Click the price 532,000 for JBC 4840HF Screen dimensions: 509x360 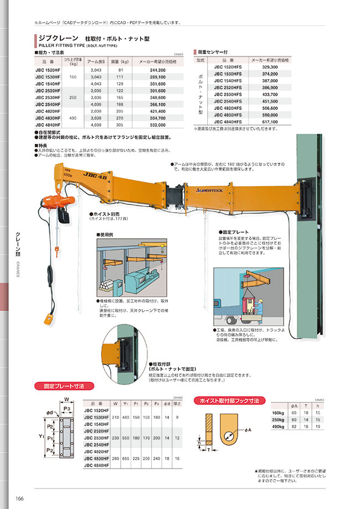pyautogui.click(x=158, y=125)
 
